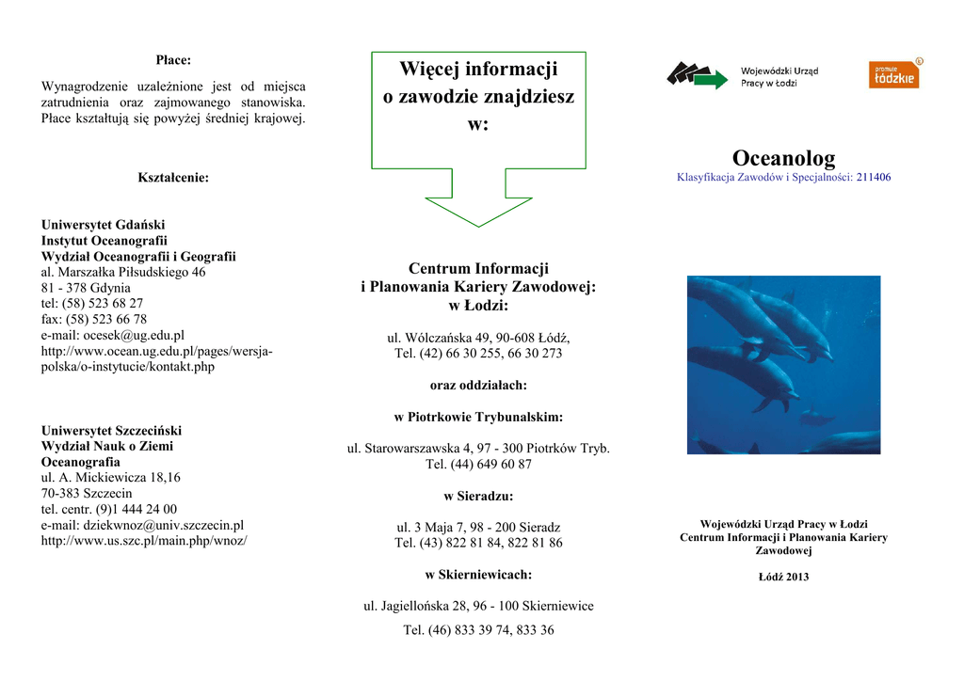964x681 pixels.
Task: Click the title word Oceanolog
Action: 783,158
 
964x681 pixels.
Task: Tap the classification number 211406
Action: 874,177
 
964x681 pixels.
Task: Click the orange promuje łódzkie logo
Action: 893,74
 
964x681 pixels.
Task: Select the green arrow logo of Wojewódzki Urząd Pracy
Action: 698,75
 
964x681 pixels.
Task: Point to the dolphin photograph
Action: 783,365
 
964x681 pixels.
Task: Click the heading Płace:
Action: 173,60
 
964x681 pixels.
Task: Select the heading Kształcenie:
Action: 173,177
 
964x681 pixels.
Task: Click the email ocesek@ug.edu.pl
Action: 113,335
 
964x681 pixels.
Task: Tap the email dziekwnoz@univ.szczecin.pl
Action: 142,525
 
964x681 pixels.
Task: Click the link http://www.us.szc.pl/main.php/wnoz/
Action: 144,541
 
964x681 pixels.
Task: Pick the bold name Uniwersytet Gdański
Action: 103,225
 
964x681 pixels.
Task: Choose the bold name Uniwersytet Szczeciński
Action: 111,430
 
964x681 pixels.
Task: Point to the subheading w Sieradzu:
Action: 478,496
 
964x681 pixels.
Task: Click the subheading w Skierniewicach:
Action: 478,574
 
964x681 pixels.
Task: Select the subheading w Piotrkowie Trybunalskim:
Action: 478,417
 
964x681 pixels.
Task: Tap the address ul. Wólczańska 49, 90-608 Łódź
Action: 478,337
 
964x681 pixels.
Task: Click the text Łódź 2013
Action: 783,577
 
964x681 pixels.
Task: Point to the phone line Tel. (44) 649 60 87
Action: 478,464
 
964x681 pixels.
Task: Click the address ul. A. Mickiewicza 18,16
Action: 111,477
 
